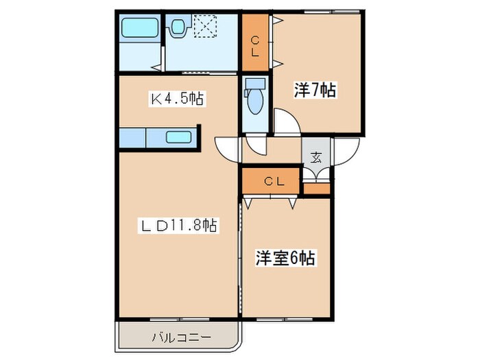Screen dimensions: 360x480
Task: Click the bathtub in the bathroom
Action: click(139, 29)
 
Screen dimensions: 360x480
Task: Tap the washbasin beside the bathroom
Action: click(178, 28)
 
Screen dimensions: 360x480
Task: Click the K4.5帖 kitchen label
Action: click(176, 99)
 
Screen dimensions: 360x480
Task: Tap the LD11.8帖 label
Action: click(180, 224)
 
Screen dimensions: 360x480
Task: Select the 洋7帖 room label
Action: click(315, 89)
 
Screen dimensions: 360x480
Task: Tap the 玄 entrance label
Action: click(316, 156)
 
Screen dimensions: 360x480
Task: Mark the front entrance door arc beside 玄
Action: click(346, 152)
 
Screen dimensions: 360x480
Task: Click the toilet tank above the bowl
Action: click(254, 85)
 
